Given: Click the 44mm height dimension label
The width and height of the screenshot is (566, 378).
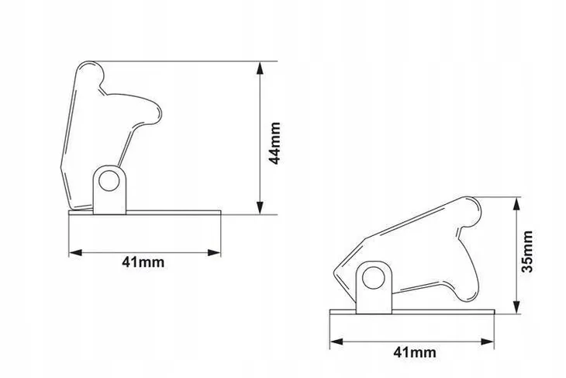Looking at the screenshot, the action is (275, 143).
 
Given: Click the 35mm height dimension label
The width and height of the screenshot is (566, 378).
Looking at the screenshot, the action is (527, 251).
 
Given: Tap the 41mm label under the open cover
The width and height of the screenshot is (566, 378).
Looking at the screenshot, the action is (143, 262).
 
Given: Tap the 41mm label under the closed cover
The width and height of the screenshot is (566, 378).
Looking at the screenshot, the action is (414, 352).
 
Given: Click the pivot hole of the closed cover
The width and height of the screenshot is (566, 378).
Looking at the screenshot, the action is (373, 279).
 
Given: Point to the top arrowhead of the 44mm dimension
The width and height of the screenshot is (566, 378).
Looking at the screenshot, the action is (260, 68).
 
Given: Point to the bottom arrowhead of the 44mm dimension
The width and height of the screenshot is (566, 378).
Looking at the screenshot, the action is (260, 207).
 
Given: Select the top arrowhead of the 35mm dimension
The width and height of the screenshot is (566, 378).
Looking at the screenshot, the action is (516, 204).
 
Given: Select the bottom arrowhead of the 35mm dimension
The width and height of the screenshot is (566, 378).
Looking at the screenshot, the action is (516, 307).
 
